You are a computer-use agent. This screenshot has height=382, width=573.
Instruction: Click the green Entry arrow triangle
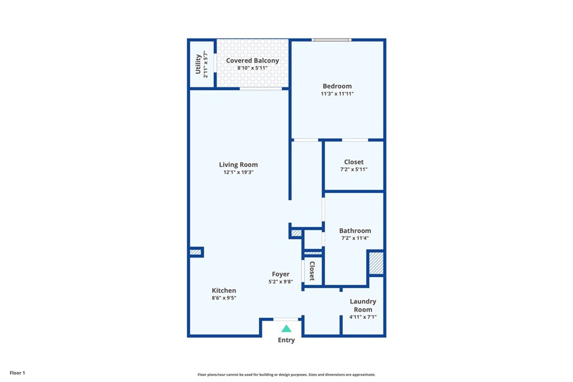[286, 329]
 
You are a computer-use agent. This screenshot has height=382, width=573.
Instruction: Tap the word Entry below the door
[286, 340]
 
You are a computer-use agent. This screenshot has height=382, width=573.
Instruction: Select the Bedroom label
[337, 86]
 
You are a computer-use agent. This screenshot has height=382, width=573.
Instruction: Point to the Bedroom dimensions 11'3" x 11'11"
[337, 94]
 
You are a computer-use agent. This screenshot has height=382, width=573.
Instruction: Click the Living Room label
[238, 164]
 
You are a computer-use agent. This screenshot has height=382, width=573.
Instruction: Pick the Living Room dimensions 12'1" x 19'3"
[238, 172]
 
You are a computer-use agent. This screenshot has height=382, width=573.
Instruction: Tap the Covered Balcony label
[252, 60]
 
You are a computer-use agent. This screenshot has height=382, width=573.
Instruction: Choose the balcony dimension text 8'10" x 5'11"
[252, 68]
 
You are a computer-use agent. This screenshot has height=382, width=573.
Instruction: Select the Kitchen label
[224, 290]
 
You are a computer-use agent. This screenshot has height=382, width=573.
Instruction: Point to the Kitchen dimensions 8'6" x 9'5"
[224, 298]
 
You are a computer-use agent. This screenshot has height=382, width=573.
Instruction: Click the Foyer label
[280, 274]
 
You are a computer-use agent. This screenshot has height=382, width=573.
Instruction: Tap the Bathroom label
[355, 230]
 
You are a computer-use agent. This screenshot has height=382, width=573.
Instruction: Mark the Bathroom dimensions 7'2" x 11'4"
[355, 238]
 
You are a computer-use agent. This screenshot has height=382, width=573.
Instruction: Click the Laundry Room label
[363, 305]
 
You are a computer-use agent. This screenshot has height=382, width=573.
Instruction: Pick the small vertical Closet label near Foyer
[312, 271]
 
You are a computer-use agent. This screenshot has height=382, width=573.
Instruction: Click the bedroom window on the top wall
[331, 40]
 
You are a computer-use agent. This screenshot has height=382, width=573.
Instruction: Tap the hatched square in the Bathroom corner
[376, 263]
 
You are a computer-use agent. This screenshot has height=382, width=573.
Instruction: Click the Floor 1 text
[17, 372]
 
